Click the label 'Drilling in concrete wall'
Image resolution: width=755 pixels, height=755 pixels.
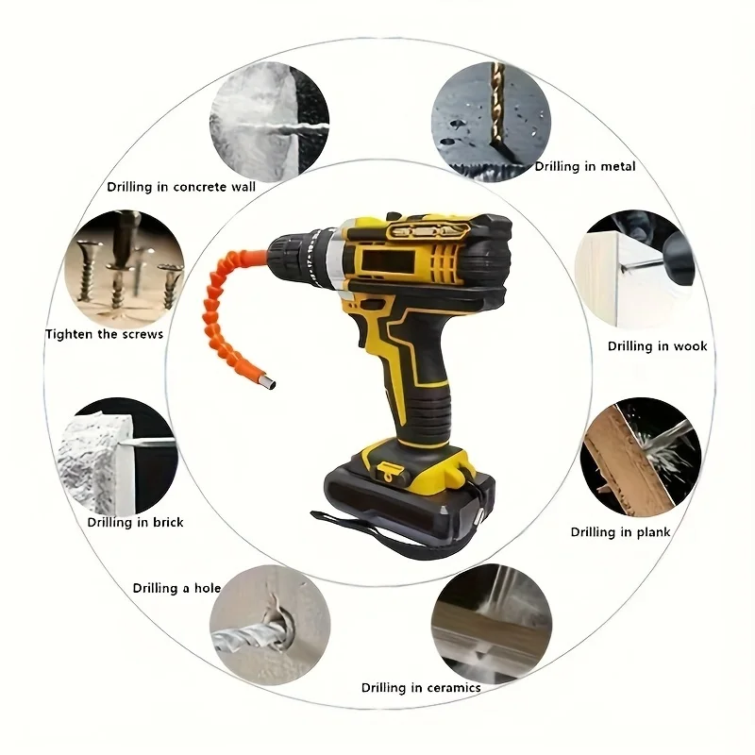(x=181, y=187)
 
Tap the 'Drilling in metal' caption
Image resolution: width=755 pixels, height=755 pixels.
(x=585, y=167)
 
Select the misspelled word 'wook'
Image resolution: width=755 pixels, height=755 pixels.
(x=690, y=345)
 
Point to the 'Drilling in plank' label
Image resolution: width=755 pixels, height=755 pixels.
(x=620, y=532)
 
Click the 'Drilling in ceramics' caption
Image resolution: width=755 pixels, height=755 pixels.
(x=421, y=688)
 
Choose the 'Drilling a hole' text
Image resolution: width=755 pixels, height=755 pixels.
(x=176, y=588)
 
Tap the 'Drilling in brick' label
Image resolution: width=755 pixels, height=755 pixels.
(x=135, y=523)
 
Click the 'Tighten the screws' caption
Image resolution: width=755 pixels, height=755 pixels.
(x=104, y=334)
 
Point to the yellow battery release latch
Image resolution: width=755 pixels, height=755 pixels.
(x=388, y=470)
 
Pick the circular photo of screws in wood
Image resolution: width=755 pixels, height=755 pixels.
(x=124, y=270)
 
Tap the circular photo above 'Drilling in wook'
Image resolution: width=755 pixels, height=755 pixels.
(x=634, y=270)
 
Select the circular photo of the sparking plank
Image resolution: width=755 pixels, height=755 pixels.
(x=641, y=457)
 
